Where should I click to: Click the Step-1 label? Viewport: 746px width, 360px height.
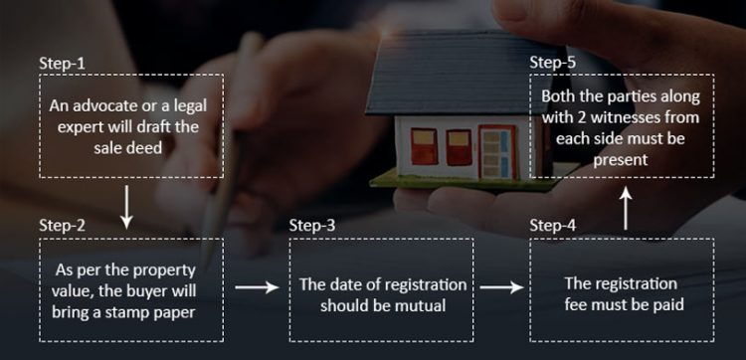(62, 63)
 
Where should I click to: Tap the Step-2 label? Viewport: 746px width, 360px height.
(62, 225)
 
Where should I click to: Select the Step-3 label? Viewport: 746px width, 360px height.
(312, 225)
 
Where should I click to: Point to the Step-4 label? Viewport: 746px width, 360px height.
(552, 225)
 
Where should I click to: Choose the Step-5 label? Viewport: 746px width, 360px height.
(552, 63)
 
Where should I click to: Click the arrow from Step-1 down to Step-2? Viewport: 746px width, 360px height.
(126, 203)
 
